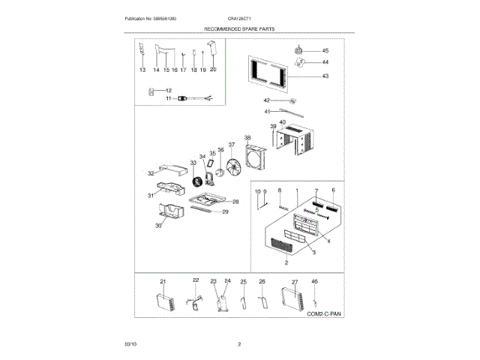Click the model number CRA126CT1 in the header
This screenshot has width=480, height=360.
[x=238, y=17]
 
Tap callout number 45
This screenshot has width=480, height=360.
[x=325, y=51]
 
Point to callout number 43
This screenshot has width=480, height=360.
[x=325, y=76]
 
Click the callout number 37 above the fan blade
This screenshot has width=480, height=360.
[x=232, y=145]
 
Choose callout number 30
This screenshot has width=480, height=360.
[x=159, y=225]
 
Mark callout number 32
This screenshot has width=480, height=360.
[x=151, y=173]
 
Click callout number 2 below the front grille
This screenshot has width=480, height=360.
[x=286, y=263]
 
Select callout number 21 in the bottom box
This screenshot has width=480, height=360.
[x=163, y=281]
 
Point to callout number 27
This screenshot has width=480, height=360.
[x=294, y=281]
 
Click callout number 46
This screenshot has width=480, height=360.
[x=315, y=281]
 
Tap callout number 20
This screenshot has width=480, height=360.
[x=213, y=70]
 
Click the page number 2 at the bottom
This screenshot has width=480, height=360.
[x=238, y=344]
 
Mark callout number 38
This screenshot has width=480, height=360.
[x=247, y=138]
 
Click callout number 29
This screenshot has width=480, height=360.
[x=225, y=212]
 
